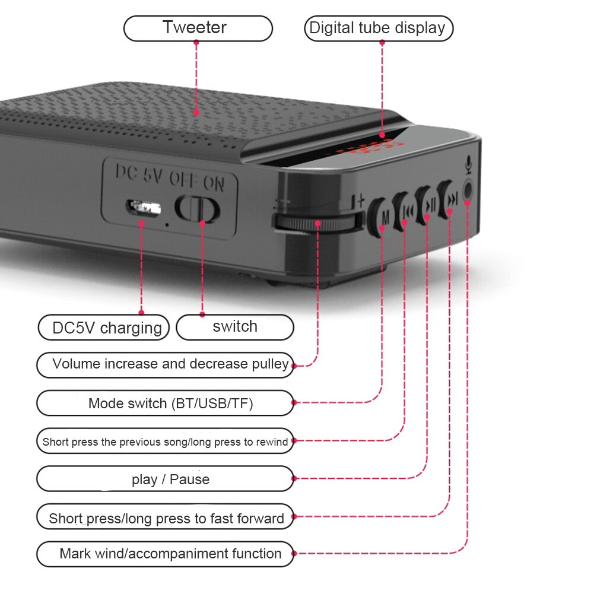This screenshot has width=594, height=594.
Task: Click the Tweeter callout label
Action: coord(198,28)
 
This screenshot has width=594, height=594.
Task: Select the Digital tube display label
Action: coord(378,28)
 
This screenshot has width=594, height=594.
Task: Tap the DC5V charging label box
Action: coord(104,328)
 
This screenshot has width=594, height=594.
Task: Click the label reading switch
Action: coord(235,326)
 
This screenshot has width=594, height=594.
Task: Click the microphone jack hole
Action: coord(469,190)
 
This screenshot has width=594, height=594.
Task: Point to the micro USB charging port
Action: coord(143,208)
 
